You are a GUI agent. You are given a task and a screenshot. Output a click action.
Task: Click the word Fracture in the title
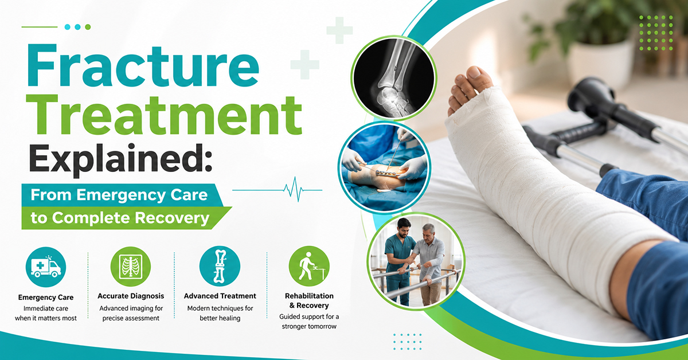(x=143, y=66)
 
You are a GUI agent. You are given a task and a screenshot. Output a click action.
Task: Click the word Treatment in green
(x=165, y=115)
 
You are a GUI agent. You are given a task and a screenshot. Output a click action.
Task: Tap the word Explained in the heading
(x=121, y=159)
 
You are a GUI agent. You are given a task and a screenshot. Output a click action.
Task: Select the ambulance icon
(x=46, y=267)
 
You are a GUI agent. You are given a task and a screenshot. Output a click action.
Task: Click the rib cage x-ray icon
(x=131, y=267)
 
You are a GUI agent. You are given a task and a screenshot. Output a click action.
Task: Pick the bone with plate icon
(x=220, y=266)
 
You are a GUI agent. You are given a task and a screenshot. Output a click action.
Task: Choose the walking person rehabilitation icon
(x=309, y=266)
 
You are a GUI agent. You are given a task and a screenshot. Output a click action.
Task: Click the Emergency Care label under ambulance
(x=46, y=298)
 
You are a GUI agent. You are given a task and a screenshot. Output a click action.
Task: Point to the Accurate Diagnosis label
(x=131, y=296)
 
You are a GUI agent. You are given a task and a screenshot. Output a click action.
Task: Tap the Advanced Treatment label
(x=220, y=296)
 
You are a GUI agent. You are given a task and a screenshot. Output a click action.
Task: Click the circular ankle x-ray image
(x=394, y=78)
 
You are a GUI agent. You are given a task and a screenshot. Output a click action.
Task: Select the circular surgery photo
(x=385, y=167)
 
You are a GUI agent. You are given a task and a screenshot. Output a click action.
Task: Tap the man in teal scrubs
(x=398, y=261)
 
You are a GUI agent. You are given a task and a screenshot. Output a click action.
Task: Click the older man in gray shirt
(x=430, y=264)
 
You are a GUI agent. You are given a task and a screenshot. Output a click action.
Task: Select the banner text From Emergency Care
(x=119, y=195)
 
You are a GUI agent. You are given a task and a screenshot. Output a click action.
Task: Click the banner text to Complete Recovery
(x=120, y=218)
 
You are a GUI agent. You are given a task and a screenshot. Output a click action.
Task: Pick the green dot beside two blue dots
(x=88, y=27)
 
